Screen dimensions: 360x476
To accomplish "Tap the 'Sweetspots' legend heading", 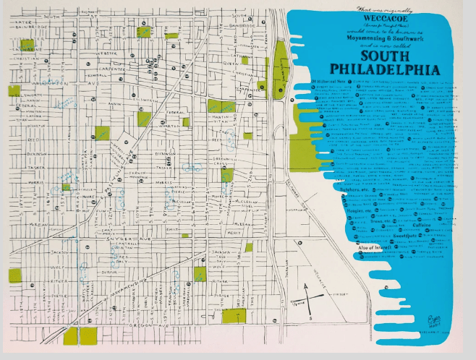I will [403, 235].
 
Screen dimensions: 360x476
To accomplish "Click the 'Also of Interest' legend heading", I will [357, 247].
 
